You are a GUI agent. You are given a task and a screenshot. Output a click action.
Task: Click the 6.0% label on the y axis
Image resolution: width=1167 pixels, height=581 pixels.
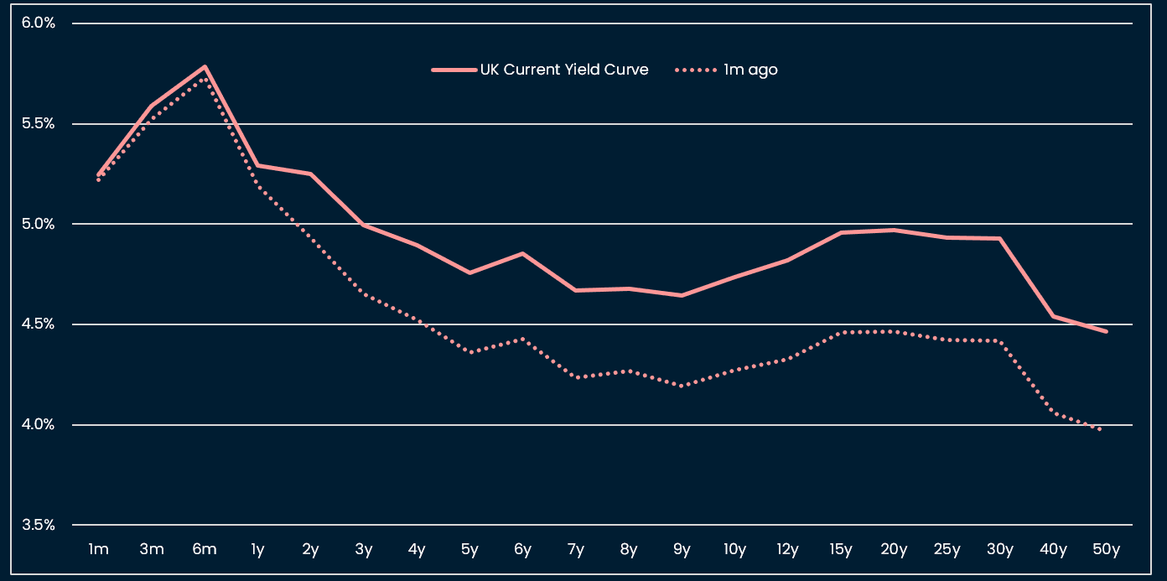tap(38, 23)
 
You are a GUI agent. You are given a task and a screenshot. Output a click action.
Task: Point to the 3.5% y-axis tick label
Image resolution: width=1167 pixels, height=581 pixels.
tap(38, 525)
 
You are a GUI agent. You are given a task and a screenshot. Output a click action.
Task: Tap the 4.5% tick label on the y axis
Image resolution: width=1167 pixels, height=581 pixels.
tap(38, 324)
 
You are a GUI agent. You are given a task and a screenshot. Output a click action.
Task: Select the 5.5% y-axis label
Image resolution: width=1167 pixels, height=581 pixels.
tap(38, 123)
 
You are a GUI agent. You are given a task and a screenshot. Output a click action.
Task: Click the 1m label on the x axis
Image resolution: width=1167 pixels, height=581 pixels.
tap(98, 550)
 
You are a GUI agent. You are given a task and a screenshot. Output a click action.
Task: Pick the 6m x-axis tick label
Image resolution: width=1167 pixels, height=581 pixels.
tap(205, 550)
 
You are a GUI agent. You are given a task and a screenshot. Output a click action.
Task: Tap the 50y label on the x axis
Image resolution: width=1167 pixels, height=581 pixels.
tap(1107, 550)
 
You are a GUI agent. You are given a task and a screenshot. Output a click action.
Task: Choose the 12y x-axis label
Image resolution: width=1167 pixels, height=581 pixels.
tap(788, 550)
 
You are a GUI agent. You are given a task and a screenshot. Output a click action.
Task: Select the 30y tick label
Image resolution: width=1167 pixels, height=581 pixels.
tap(1000, 550)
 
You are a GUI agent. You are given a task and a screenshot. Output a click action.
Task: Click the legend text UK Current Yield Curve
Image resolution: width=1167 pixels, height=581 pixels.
tap(563, 70)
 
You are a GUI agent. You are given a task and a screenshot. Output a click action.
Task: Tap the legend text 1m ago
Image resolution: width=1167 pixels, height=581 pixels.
tap(750, 70)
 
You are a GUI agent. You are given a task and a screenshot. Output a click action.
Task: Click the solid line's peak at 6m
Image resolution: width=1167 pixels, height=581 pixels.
tap(205, 67)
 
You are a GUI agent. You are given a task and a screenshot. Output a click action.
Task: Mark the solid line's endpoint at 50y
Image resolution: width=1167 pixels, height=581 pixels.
tap(1107, 331)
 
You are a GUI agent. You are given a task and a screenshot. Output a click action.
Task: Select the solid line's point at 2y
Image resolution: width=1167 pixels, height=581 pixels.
tap(311, 174)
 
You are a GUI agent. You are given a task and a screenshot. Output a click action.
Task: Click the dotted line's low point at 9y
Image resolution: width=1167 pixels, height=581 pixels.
tap(682, 386)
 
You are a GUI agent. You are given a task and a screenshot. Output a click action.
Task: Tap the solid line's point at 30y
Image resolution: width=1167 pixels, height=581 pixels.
tap(1000, 239)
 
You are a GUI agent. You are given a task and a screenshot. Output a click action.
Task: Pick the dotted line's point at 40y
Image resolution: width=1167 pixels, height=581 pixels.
tap(1053, 412)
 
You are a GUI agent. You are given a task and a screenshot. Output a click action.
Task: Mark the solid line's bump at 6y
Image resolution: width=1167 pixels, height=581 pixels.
tap(522, 253)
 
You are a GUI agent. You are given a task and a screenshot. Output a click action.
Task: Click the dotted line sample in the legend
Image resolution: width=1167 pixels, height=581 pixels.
tap(695, 70)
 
